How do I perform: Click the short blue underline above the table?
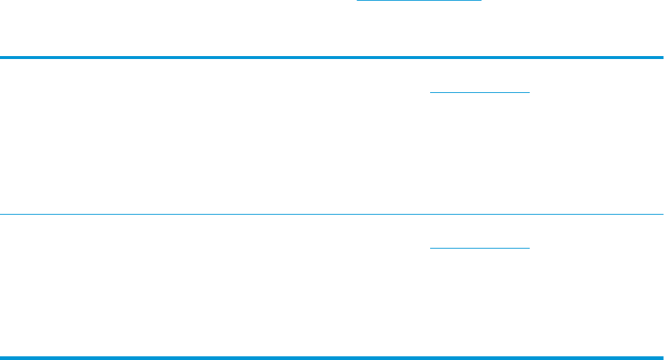[418, 1]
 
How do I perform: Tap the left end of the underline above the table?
[358, 1]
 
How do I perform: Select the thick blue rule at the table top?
[332, 58]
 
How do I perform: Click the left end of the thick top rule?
[1, 58]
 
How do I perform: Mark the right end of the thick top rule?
[662, 58]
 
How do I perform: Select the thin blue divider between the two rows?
[332, 215]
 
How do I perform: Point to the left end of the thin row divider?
[1, 215]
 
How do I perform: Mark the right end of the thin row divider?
[662, 215]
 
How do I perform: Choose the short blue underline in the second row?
[480, 247]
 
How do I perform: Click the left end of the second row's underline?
[431, 247]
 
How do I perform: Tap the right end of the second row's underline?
[529, 247]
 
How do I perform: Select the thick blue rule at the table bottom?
[332, 358]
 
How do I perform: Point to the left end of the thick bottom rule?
[1, 358]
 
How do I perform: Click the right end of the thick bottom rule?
[662, 358]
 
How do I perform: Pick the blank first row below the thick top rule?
[221, 136]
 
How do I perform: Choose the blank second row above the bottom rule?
[221, 288]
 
